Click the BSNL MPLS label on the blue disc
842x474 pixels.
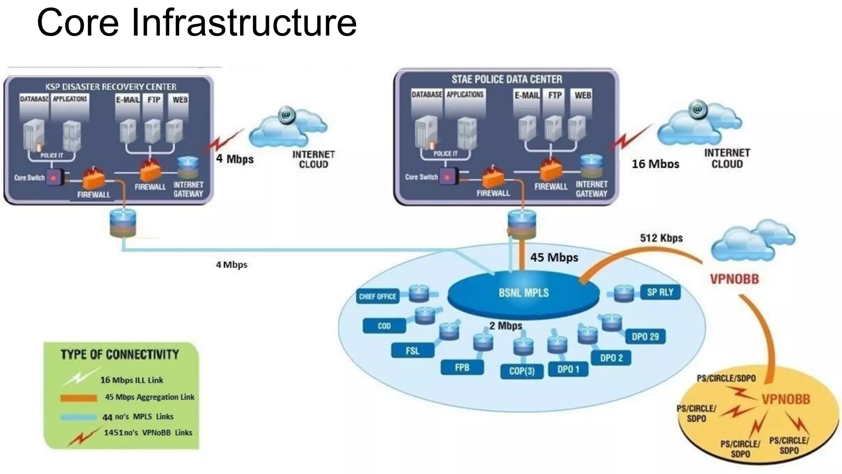coord(523,293)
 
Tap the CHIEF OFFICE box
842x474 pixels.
coord(377,296)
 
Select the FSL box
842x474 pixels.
coord(412,351)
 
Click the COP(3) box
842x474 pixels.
coord(522,371)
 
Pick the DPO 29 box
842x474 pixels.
coord(645,337)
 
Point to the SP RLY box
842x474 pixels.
coord(660,292)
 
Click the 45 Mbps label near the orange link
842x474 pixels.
coord(554,258)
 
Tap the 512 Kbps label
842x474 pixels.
coord(661,238)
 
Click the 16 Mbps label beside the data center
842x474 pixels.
coord(655,164)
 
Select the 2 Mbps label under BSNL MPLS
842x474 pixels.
coord(505,326)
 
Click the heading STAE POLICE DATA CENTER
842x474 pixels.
coord(507,79)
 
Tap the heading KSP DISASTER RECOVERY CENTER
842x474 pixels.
coord(111,87)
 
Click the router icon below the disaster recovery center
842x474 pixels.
coord(123,223)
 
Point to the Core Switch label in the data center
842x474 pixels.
coord(421,177)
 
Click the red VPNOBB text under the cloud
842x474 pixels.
coord(734,279)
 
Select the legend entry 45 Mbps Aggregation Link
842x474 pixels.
coord(149,397)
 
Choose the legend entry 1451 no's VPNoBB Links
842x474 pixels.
coord(148,432)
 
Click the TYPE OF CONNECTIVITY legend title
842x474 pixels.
coord(120,355)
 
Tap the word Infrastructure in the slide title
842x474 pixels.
coord(243,23)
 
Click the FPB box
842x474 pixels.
coord(462,367)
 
